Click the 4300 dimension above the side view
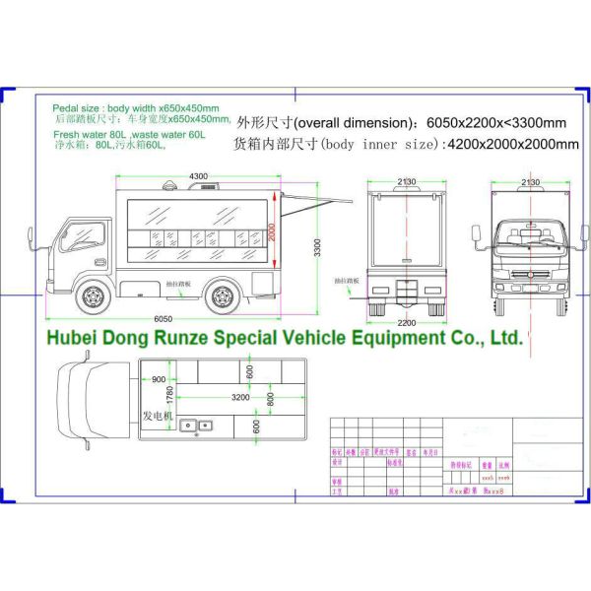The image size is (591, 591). pyautogui.click(x=198, y=176)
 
